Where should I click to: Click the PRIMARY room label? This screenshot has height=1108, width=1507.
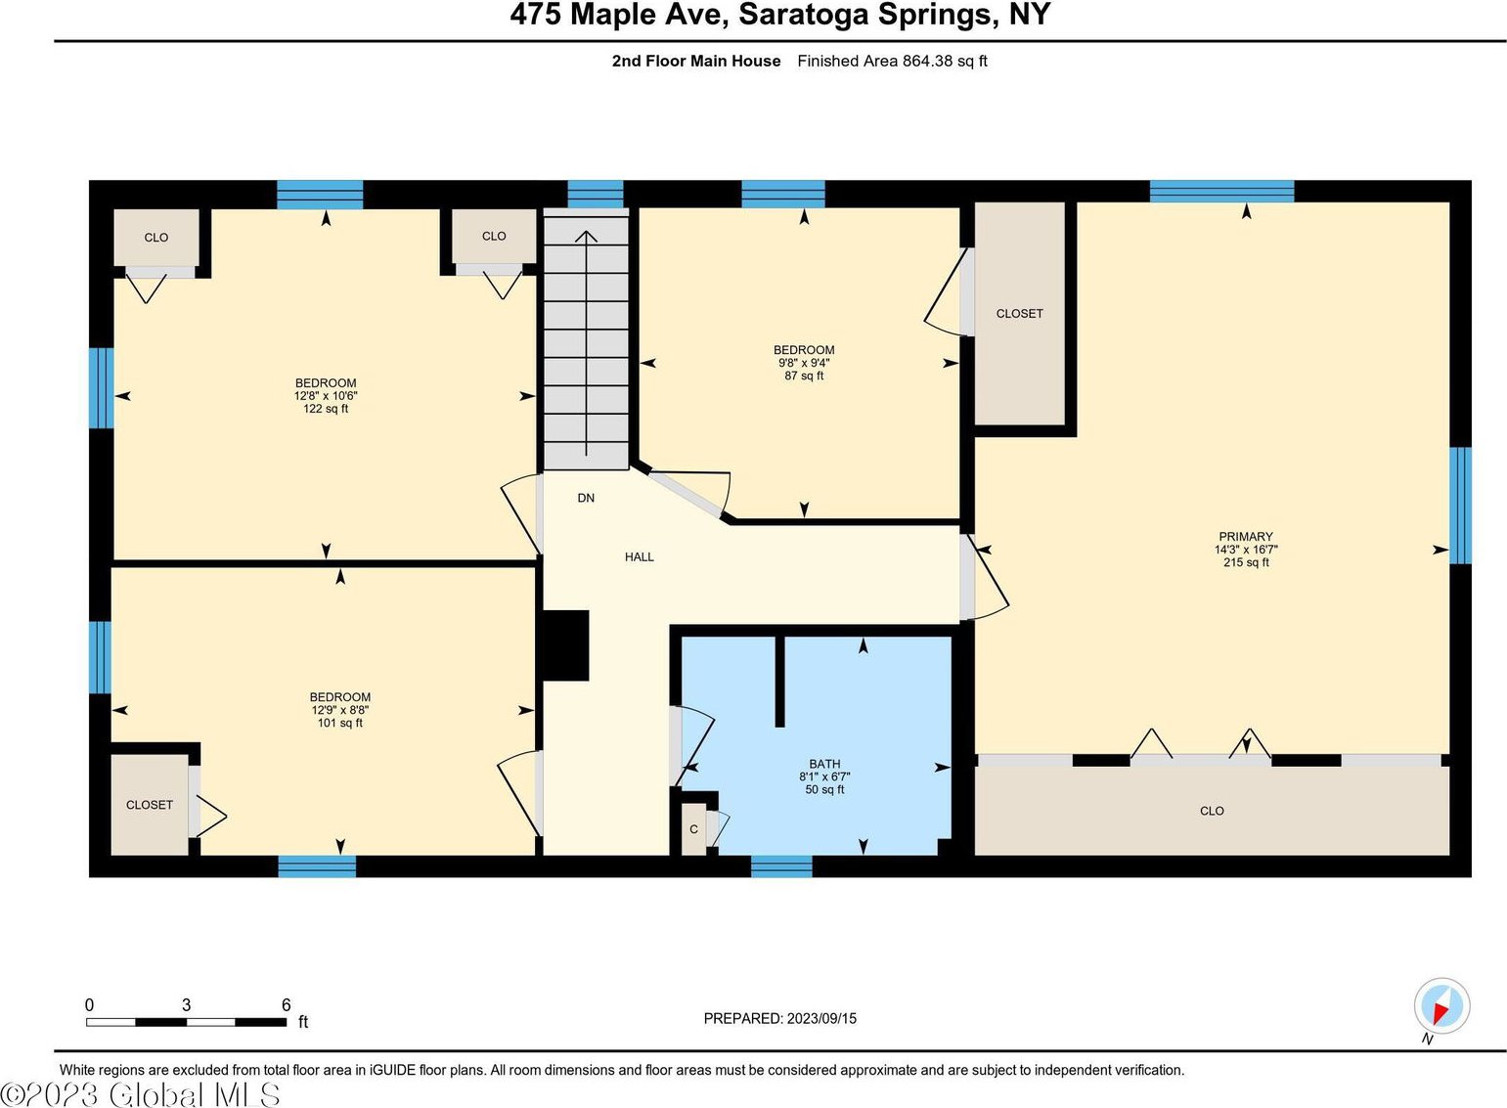pos(1245,536)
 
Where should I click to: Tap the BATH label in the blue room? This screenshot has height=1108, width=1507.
pos(824,764)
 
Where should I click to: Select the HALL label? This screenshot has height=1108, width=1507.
pos(640,556)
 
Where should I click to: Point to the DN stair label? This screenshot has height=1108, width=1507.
pos(586,498)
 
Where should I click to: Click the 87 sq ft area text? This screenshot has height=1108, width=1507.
pos(804,376)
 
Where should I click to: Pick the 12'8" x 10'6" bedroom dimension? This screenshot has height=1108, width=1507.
pos(326,395)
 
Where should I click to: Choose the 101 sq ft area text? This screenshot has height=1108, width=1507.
pos(339,723)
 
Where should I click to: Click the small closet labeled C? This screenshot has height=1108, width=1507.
pos(693,829)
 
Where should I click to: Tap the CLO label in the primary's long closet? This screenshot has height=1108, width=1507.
pos(1212,811)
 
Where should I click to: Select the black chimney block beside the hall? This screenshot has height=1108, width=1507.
pos(565,645)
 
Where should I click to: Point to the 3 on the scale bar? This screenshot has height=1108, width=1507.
pos(187,1005)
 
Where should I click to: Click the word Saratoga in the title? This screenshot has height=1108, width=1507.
pos(803,15)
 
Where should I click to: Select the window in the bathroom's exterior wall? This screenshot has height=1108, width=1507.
pos(781,865)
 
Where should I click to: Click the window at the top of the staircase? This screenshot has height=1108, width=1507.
pos(596,194)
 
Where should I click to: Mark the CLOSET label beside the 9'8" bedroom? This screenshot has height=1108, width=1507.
pos(1019,314)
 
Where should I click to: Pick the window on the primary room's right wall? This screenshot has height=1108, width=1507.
pos(1460,506)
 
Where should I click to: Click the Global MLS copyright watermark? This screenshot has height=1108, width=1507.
pos(141,1094)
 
